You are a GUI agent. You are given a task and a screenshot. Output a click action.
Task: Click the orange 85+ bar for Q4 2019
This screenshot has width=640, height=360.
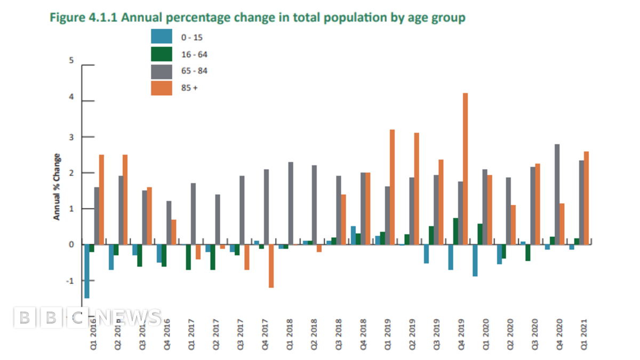pyautogui.click(x=465, y=169)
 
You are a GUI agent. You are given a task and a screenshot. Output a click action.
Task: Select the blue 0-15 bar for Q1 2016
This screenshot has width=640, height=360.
pyautogui.click(x=87, y=271)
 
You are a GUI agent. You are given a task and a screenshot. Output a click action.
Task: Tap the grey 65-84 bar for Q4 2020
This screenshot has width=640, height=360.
pyautogui.click(x=557, y=194)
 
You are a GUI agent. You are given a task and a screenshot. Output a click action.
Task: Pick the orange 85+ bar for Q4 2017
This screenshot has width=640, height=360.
pyautogui.click(x=271, y=266)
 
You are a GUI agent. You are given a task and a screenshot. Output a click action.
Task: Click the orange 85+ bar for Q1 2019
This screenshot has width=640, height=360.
pyautogui.click(x=392, y=187)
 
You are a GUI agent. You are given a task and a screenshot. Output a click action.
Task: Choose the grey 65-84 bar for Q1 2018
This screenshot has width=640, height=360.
pyautogui.click(x=291, y=203)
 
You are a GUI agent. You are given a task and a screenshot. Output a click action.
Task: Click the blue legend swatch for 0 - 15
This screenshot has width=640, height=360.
pyautogui.click(x=162, y=37)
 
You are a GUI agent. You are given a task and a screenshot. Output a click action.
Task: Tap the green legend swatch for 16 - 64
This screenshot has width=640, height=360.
pyautogui.click(x=162, y=54)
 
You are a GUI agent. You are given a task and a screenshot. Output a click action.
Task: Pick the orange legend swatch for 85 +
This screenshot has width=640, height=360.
pyautogui.click(x=162, y=87)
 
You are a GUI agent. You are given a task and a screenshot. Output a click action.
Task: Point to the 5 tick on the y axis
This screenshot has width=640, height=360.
pyautogui.click(x=71, y=60)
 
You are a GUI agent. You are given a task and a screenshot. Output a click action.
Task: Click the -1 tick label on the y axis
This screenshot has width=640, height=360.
pyautogui.click(x=70, y=281)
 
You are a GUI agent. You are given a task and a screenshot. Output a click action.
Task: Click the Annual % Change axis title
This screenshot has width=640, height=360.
pyautogui.click(x=56, y=187)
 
